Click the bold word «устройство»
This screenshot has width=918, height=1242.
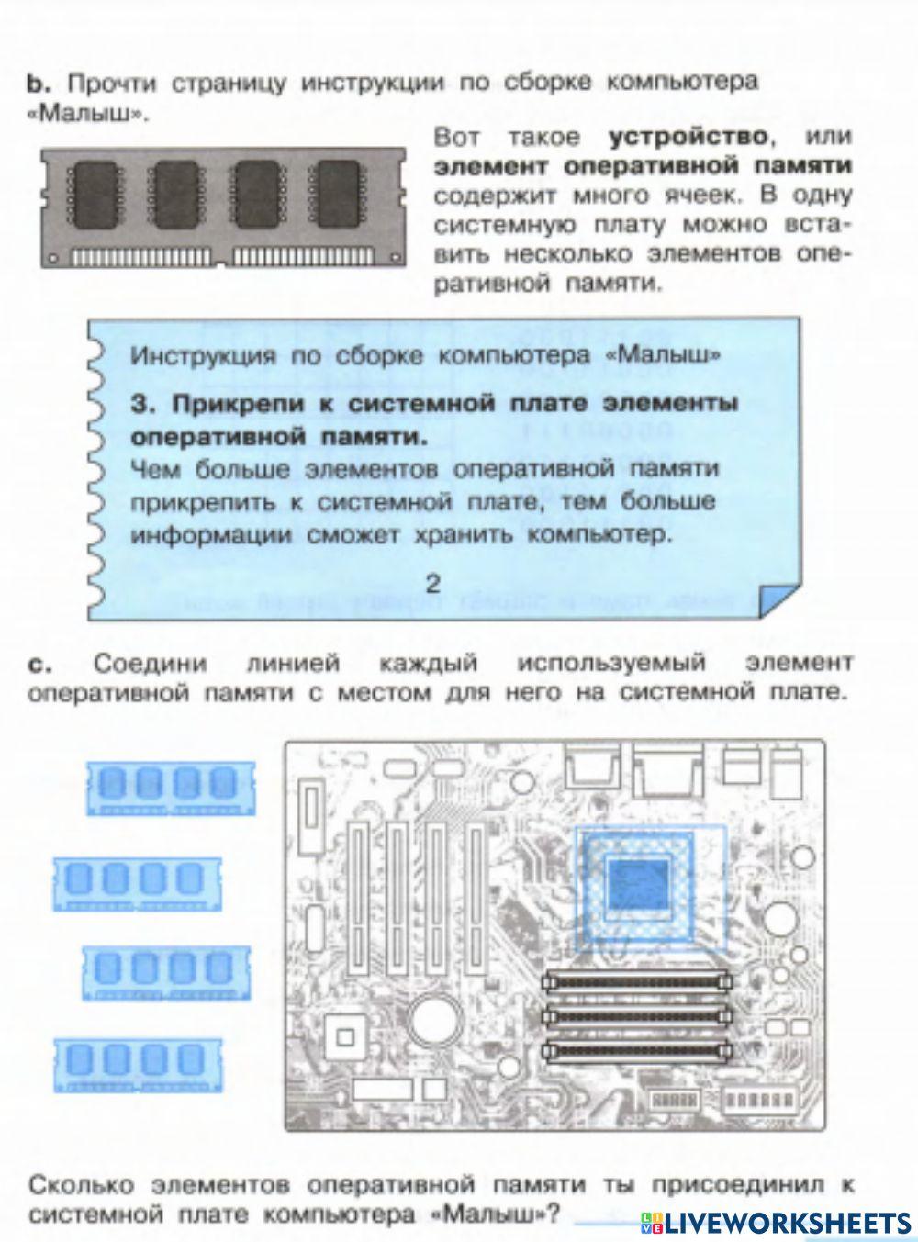(x=687, y=138)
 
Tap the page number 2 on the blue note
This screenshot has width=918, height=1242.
(x=433, y=583)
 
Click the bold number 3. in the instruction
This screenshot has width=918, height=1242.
(x=140, y=405)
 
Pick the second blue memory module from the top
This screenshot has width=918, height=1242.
(x=138, y=882)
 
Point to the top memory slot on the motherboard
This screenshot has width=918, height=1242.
(x=636, y=979)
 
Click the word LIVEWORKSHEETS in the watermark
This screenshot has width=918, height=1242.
(x=788, y=1221)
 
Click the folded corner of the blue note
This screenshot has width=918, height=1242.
(x=778, y=603)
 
